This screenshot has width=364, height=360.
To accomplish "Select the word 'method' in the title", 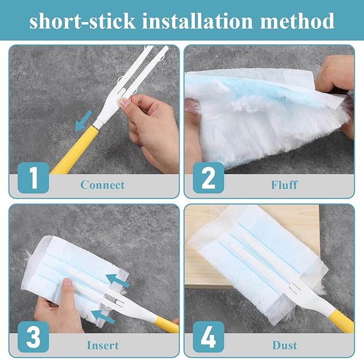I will click(298, 21).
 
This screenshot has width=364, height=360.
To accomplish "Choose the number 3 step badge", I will click(33, 337).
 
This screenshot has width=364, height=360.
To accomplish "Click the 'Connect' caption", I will click(102, 185).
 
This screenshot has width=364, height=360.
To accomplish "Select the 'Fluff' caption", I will click(285, 185).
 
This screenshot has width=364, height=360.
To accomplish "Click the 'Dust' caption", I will click(285, 344).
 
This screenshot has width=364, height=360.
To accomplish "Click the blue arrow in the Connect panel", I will click(83, 121).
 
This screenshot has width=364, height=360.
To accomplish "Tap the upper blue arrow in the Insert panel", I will click(120, 280).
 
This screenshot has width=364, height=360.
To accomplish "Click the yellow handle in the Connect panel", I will click(72, 151).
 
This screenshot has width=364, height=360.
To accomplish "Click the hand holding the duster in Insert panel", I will click(59, 305).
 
